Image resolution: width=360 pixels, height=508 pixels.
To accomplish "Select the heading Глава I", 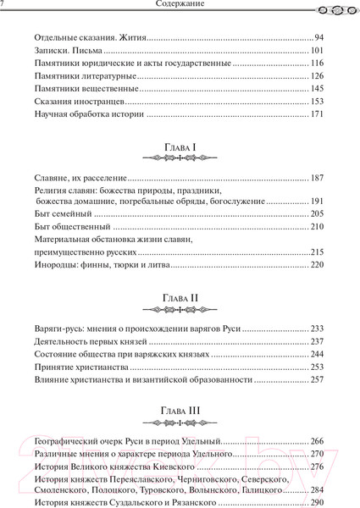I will (179, 148).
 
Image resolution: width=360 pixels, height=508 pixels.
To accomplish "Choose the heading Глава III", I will (179, 414).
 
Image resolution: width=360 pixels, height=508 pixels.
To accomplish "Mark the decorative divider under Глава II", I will (179, 310).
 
